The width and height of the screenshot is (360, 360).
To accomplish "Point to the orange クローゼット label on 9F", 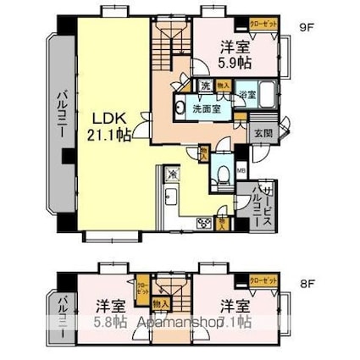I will click(x=262, y=25).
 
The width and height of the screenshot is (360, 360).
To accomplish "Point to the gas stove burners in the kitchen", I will click(x=203, y=224).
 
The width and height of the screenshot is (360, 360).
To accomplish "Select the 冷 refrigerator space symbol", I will click(x=173, y=174).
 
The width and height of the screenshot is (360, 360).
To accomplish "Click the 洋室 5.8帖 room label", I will click(x=110, y=313).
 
